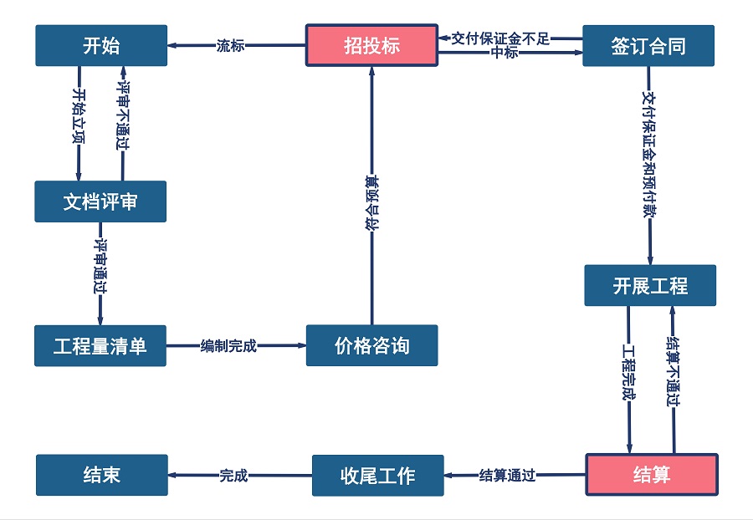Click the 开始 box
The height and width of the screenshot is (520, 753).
101,45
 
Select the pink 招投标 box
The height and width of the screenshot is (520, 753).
371,45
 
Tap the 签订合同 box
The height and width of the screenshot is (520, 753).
648,45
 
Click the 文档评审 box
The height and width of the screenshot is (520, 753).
100,201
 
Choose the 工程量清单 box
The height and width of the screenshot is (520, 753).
100,345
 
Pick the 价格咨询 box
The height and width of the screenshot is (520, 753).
371,345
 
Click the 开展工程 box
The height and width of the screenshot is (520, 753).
650,285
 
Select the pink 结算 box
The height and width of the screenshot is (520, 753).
651,475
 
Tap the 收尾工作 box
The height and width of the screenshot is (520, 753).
377,475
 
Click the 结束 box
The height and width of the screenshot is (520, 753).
101,475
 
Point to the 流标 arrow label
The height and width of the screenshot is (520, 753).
230,46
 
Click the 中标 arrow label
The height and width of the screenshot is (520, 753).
505,54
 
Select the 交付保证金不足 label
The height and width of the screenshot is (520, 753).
500,38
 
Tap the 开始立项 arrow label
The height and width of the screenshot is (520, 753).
79,116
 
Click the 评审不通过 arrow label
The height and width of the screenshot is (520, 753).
123,116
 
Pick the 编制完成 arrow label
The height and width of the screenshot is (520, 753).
228,345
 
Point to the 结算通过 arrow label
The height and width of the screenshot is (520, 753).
507,475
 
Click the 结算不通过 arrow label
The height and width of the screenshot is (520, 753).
672,370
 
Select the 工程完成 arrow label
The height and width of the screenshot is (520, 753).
629,370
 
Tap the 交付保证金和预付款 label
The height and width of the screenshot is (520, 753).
648,155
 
